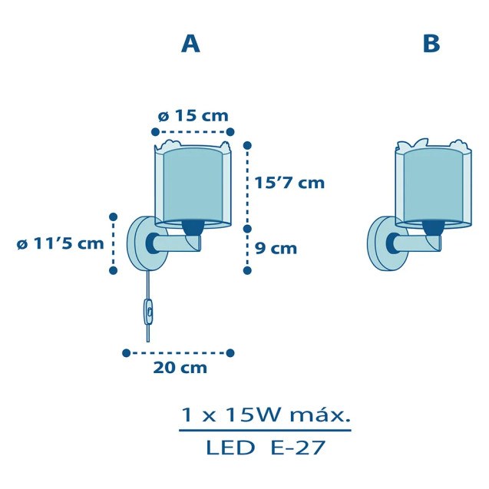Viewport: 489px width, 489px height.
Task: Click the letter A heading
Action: (190, 44)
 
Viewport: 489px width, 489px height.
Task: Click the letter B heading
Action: (431, 43)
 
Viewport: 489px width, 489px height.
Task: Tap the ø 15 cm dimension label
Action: (193, 116)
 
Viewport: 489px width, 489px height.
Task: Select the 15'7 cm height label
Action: (289, 183)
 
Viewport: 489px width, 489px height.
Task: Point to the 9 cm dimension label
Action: (276, 249)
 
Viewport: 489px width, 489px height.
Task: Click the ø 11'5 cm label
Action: (60, 243)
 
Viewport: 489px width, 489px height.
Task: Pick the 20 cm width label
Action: (180, 368)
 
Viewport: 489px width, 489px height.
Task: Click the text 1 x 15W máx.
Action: (266, 415)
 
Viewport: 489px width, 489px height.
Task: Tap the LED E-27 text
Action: (266, 448)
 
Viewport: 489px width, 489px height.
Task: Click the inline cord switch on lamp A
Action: (148, 312)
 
